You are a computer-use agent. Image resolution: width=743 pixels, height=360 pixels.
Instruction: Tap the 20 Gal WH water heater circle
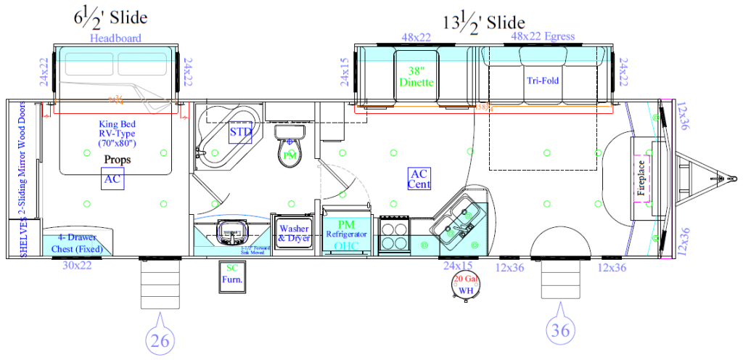coord(464,285)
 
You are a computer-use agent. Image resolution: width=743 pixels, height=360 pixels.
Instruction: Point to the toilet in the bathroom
coord(289,149)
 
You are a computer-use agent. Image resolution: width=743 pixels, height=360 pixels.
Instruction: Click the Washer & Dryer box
coord(294,234)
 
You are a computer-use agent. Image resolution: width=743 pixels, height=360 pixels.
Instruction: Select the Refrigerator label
coord(348,234)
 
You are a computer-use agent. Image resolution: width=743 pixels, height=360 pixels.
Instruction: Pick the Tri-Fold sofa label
coord(543,81)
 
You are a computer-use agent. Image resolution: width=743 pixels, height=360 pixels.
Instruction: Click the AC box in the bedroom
coord(112,179)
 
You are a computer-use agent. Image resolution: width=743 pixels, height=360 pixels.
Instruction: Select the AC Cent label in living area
coord(419,179)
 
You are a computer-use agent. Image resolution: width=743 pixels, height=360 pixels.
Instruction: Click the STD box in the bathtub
coord(241,133)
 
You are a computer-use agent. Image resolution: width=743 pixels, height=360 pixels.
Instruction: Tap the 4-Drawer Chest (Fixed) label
coord(77,243)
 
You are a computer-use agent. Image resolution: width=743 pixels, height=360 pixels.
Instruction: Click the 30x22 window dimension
coord(76,266)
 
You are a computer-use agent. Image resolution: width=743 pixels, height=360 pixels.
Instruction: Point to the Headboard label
coord(115,38)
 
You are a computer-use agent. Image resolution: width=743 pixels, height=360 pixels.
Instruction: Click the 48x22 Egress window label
coord(542,36)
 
